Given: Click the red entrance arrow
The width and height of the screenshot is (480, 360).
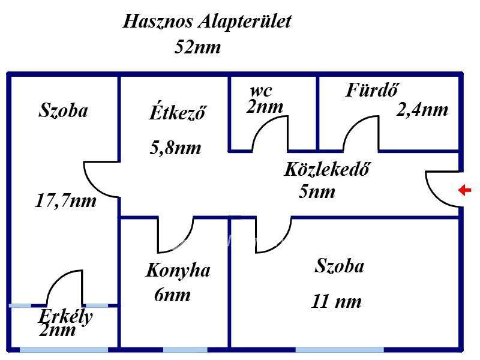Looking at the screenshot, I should [x=464, y=191].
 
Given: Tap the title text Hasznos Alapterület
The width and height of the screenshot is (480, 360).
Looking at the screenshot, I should [x=207, y=22].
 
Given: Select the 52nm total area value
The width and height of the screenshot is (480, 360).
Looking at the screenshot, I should [x=197, y=47].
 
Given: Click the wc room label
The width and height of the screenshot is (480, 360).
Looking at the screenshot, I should [x=261, y=91].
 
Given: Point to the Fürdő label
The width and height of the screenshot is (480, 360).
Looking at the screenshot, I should [x=373, y=90].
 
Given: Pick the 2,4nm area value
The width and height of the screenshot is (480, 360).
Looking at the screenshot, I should [x=422, y=110].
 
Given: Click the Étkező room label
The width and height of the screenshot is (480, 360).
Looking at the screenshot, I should [x=178, y=112].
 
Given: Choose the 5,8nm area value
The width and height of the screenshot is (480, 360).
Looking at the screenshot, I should [x=175, y=148].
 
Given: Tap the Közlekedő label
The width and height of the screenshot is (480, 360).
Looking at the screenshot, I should [x=326, y=169].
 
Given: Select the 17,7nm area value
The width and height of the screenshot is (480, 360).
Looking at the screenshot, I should [x=66, y=200].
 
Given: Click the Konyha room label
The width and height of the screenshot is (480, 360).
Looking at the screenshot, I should [x=178, y=271].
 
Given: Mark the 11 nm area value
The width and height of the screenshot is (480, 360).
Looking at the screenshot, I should [x=337, y=301].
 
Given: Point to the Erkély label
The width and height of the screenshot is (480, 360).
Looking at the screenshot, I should [x=66, y=316].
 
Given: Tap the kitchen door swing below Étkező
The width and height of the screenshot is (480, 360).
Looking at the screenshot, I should [x=176, y=235].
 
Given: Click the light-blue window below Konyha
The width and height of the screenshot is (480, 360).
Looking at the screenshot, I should [x=185, y=349].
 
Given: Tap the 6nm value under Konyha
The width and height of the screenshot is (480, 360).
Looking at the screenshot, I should [x=172, y=295].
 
